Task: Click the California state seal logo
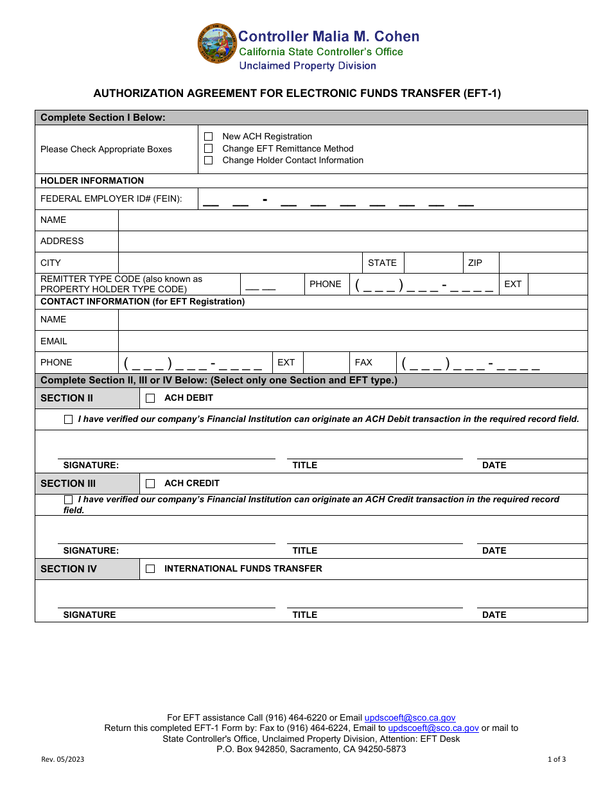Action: click(x=217, y=44)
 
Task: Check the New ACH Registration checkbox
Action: click(x=208, y=137)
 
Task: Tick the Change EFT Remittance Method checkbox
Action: click(x=208, y=148)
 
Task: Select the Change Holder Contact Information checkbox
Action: click(x=208, y=161)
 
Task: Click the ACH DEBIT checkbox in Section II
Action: click(x=150, y=398)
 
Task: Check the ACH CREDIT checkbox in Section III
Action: click(x=150, y=484)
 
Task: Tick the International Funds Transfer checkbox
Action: click(x=150, y=569)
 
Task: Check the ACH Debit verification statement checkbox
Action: click(x=69, y=419)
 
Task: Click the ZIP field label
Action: click(x=475, y=263)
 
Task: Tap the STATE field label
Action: click(x=382, y=263)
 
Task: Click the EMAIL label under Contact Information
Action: click(x=54, y=341)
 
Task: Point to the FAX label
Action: click(x=363, y=362)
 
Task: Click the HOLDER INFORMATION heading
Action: click(x=92, y=180)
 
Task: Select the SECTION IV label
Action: click(x=69, y=569)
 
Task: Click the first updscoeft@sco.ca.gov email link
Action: click(x=410, y=718)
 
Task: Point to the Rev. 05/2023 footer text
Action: click(x=62, y=759)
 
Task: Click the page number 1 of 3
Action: click(x=556, y=759)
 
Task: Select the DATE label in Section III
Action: click(x=494, y=550)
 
